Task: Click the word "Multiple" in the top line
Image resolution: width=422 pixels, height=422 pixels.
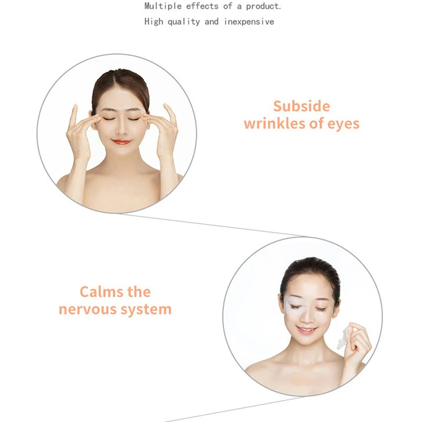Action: click(x=162, y=6)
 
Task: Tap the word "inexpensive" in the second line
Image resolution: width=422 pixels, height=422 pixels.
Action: click(x=248, y=22)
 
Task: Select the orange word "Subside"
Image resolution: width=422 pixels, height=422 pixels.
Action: click(x=301, y=106)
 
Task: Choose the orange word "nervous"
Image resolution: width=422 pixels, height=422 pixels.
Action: click(x=89, y=309)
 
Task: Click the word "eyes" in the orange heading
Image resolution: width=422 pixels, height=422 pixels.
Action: click(x=342, y=124)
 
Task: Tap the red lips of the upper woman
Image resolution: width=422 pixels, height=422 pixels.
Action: click(x=121, y=142)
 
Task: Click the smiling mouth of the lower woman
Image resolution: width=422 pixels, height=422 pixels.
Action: click(x=307, y=330)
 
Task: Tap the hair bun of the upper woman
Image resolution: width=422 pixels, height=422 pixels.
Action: click(x=120, y=79)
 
